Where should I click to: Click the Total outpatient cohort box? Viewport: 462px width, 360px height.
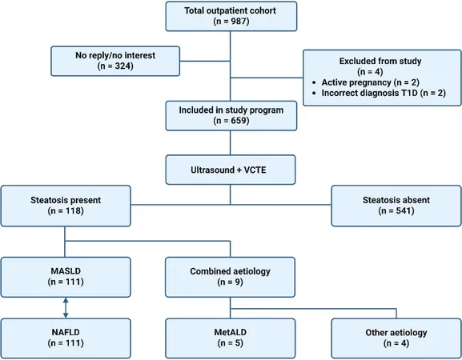[231, 16]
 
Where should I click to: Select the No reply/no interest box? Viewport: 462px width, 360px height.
[115, 61]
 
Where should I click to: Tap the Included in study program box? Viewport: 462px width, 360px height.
[231, 116]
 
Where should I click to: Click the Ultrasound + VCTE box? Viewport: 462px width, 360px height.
[231, 170]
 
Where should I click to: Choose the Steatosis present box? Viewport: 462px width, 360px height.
[66, 206]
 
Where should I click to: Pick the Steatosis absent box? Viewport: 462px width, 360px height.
[396, 206]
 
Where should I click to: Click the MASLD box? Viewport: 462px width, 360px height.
[66, 277]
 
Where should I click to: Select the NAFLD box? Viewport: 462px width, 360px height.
[66, 338]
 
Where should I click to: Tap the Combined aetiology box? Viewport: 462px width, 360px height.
[230, 277]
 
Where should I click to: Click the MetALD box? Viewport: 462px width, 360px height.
[231, 338]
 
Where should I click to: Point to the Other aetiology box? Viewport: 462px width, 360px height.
[396, 338]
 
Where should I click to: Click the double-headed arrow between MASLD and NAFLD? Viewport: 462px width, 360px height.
[66, 308]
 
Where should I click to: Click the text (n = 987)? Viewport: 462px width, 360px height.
[231, 22]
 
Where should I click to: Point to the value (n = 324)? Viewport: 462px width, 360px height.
[115, 66]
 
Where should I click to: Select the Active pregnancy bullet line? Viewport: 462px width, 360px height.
[366, 82]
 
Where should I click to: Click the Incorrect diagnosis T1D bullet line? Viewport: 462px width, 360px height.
[379, 93]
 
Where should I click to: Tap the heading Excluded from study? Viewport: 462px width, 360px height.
[380, 61]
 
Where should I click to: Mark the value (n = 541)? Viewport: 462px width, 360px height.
[396, 210]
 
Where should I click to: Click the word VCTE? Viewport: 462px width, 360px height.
[255, 170]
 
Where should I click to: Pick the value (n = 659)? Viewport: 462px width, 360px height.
[231, 121]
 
